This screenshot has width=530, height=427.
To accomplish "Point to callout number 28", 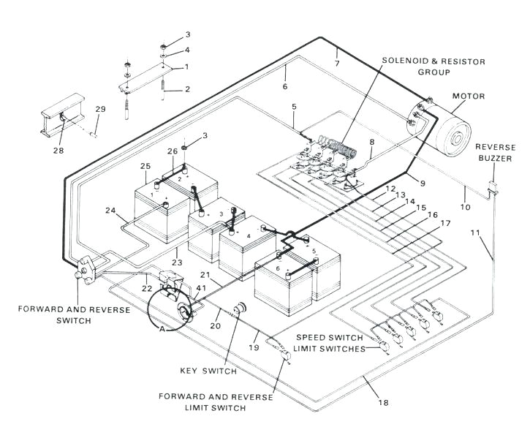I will [58, 151].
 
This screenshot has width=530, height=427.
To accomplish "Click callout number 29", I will [101, 109].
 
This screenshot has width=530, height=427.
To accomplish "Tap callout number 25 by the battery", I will [145, 166].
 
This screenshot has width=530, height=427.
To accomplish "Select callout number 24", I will [110, 211].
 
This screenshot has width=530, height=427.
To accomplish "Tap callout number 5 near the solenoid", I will [293, 108].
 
